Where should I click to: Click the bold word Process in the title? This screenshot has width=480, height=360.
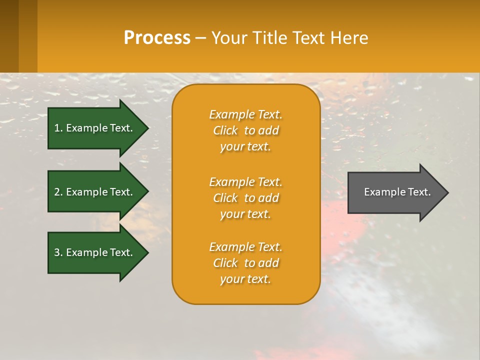coord(157,38)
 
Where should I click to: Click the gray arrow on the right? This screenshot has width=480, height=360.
coord(395,192)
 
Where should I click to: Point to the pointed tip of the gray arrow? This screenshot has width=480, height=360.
coord(446,192)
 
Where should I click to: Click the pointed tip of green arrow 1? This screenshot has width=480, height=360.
coord(146,128)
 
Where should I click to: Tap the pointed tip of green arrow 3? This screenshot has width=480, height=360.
coord(146,252)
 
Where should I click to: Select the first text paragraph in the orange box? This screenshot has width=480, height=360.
coord(245,130)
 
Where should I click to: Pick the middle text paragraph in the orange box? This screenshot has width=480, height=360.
coord(245,198)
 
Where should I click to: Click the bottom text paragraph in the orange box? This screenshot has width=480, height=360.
coord(245,263)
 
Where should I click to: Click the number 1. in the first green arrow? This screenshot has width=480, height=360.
coord(58,128)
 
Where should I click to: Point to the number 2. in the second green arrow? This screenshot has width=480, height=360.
coord(58,192)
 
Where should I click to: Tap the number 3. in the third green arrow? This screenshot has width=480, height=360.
coord(58,252)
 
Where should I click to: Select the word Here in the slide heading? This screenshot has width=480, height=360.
coord(350,38)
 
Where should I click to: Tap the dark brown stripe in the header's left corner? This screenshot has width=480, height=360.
coord(9,36)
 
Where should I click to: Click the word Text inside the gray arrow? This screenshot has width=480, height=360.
coord(419,192)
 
